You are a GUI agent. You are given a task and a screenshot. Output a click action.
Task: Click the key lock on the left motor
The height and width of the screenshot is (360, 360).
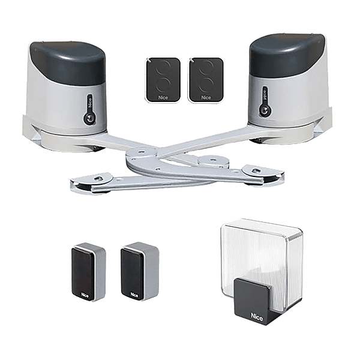[x=88, y=118]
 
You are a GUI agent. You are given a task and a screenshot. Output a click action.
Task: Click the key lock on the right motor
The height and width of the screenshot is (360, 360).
[x=263, y=110]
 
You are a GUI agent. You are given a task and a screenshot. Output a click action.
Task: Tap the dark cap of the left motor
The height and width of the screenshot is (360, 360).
[x=68, y=62]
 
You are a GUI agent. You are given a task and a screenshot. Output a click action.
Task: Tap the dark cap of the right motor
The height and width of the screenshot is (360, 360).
[x=287, y=55]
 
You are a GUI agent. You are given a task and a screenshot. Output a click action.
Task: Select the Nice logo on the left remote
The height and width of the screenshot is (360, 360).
[x=163, y=98]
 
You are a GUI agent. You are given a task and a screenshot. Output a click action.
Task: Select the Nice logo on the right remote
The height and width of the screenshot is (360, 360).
[x=206, y=98]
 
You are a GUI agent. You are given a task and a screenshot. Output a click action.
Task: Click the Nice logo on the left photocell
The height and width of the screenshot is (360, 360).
[x=85, y=295]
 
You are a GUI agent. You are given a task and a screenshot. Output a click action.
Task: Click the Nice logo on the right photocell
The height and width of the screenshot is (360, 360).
[x=134, y=295]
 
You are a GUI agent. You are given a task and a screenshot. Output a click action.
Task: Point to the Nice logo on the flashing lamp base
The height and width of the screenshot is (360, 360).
[x=257, y=317]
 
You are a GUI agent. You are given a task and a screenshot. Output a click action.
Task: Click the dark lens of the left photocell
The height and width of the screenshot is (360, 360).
[x=83, y=274]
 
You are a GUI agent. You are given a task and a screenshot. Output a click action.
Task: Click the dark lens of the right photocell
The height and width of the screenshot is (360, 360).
[x=132, y=273]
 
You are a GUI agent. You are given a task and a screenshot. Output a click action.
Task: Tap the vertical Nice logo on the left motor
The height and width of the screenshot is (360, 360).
[x=89, y=101]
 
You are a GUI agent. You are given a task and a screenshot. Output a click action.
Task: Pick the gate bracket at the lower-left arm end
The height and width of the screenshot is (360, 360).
[x=92, y=183]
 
